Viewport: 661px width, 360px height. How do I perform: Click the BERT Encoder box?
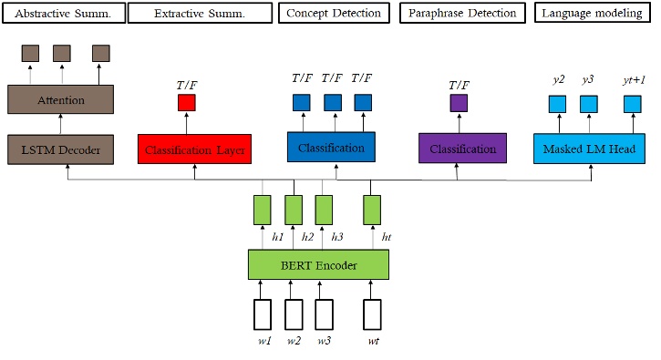(318, 265)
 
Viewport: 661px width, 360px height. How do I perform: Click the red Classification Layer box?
(194, 149)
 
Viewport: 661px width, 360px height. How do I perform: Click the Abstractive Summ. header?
(61, 13)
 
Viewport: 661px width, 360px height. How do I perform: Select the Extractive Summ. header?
(200, 13)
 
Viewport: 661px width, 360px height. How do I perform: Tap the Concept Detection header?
(334, 13)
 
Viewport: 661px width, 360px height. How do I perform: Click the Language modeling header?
(594, 13)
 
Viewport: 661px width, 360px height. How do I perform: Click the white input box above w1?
(263, 314)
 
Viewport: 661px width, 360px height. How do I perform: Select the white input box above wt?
(371, 314)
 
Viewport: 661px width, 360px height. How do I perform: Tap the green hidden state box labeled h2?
(294, 210)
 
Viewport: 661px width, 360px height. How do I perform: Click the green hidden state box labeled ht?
(371, 210)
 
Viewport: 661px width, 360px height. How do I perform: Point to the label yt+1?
(634, 80)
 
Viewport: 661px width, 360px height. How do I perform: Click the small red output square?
(186, 102)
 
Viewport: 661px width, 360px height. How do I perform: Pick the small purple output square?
(458, 102)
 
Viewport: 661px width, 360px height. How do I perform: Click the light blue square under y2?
(557, 103)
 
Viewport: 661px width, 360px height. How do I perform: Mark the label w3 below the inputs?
(324, 341)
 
